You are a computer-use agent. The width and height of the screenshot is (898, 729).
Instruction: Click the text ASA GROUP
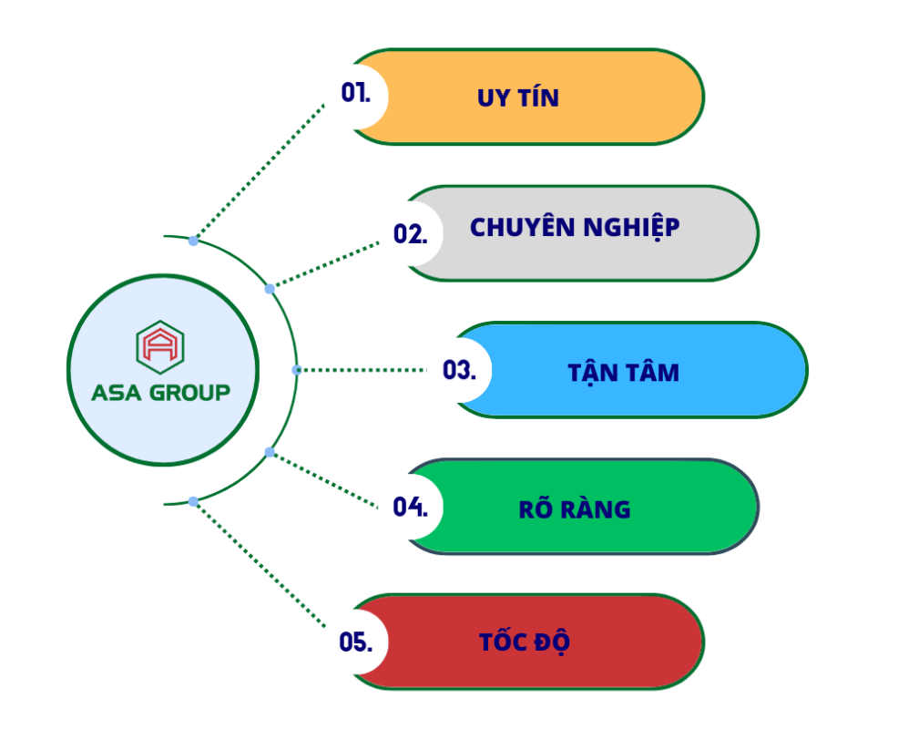(x=160, y=393)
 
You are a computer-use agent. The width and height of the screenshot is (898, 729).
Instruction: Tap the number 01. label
(x=355, y=93)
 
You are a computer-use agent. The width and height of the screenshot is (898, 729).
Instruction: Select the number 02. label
(x=410, y=233)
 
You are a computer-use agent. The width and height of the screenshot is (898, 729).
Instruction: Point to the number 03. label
(x=459, y=370)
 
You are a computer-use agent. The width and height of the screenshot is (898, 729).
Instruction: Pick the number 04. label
(x=410, y=507)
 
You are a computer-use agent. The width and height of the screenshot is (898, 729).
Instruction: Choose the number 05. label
(x=355, y=642)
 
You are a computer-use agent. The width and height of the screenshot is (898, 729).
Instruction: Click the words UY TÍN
(x=517, y=98)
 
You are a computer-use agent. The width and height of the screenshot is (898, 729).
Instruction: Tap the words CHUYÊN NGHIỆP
(x=575, y=228)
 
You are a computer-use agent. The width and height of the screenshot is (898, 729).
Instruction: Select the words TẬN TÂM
(x=623, y=372)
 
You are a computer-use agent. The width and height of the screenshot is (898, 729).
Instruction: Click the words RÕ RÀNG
(x=574, y=508)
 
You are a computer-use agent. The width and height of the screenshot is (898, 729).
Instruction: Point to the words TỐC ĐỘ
(x=525, y=642)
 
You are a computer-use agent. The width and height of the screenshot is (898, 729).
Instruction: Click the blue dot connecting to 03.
(x=296, y=370)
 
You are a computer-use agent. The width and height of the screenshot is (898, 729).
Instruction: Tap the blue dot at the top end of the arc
(x=193, y=241)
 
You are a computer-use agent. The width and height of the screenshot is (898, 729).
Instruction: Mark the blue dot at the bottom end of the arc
(x=193, y=501)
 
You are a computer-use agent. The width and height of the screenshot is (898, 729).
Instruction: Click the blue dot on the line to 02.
(x=270, y=289)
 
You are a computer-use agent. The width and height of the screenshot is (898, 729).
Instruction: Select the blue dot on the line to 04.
(x=270, y=452)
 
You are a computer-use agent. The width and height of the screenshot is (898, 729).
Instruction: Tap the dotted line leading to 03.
(x=364, y=370)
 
